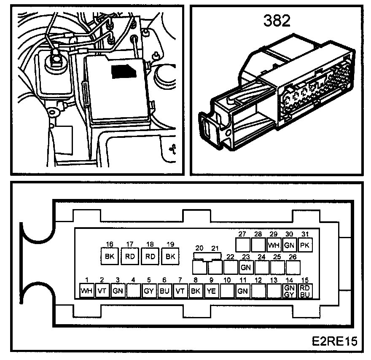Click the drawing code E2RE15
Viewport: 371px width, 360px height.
(x=334, y=341)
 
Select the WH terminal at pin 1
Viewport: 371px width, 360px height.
(x=87, y=291)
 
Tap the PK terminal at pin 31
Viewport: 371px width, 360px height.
(x=305, y=244)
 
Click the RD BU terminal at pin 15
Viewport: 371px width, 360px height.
(x=305, y=291)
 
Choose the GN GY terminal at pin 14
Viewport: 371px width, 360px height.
(x=289, y=291)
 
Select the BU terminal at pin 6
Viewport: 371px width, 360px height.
(x=164, y=291)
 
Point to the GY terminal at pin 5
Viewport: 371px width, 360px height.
(x=149, y=291)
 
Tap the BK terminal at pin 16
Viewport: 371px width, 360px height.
(x=110, y=256)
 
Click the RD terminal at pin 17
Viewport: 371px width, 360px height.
(x=130, y=256)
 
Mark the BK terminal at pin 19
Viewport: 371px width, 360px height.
(x=170, y=256)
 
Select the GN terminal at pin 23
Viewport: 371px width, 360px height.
(x=246, y=267)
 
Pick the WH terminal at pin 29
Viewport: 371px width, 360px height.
(x=274, y=244)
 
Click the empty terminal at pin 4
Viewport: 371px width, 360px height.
(x=134, y=291)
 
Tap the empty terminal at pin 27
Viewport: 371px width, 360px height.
(x=242, y=244)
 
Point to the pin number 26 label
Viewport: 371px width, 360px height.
(x=292, y=257)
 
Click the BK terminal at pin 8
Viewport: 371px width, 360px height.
(x=195, y=291)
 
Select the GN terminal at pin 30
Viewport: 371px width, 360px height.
(x=289, y=244)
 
